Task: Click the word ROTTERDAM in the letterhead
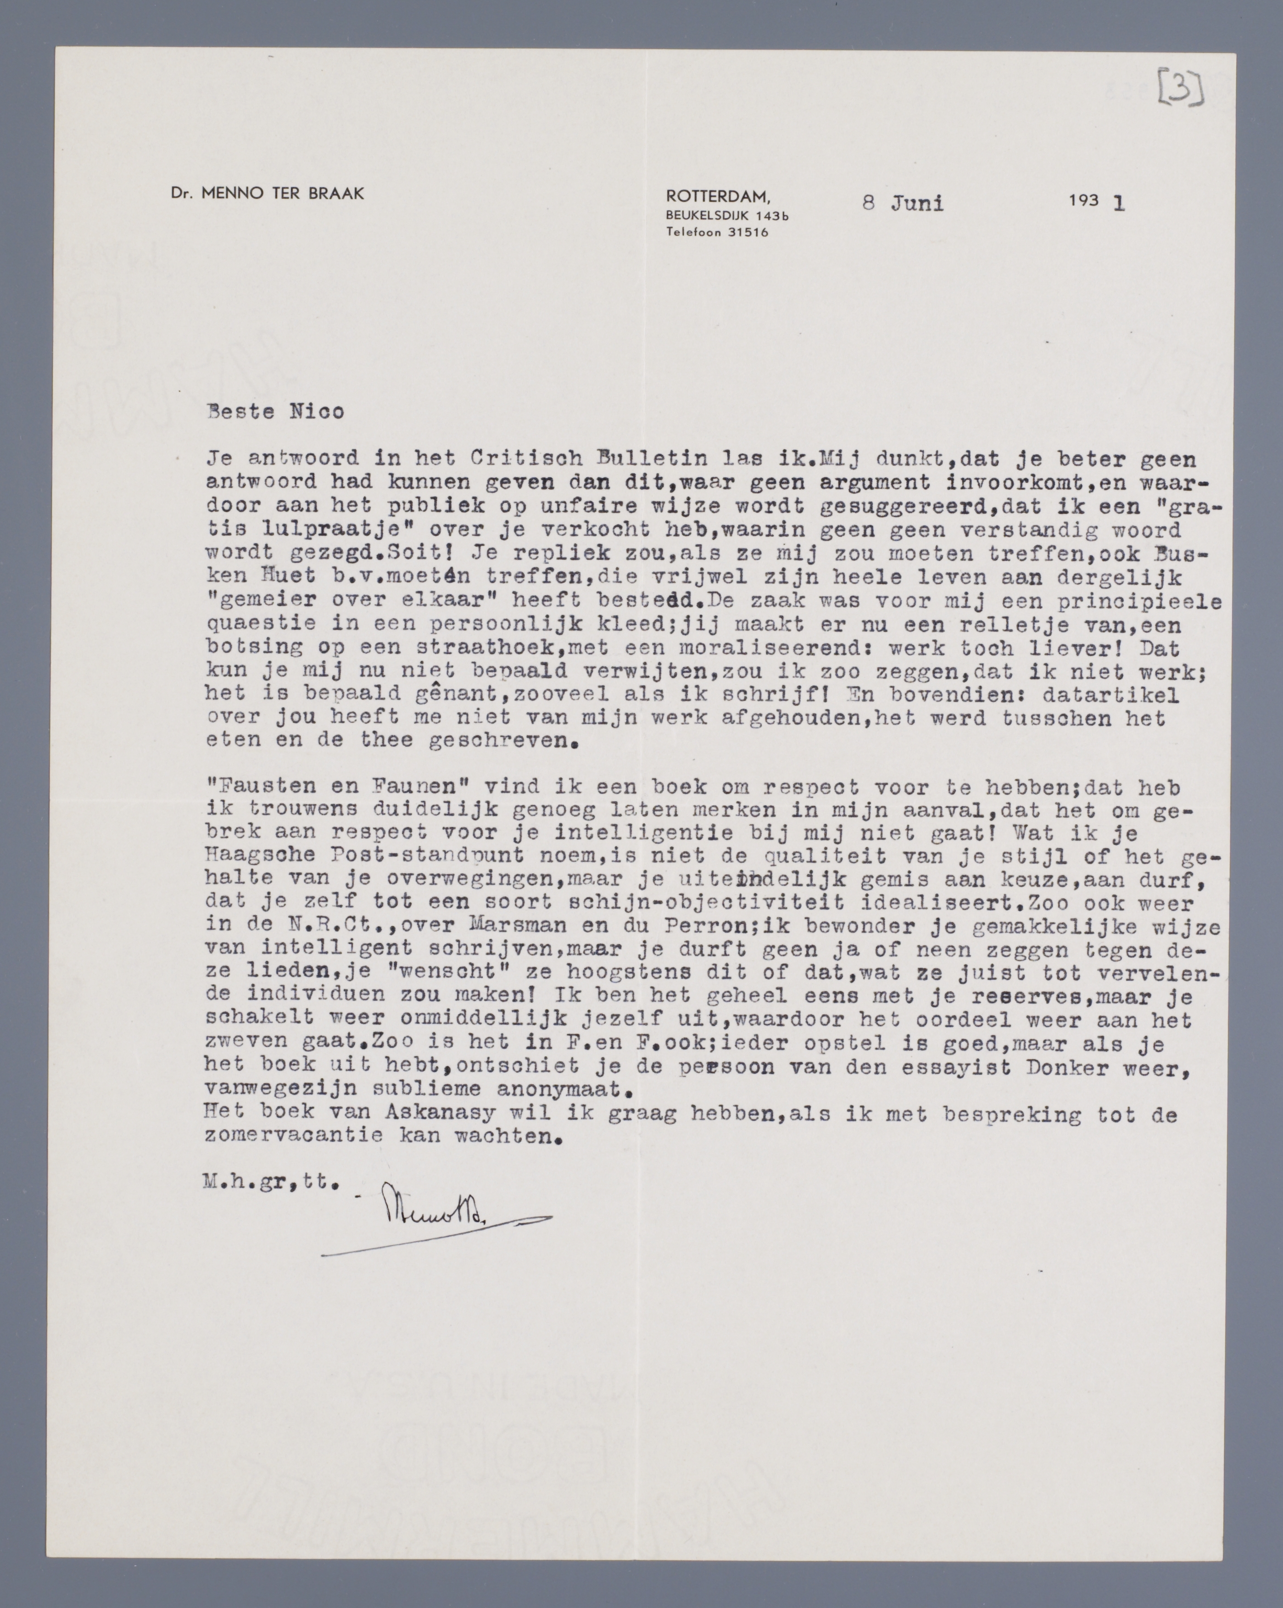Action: (x=718, y=197)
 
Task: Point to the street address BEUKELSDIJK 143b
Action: (x=727, y=216)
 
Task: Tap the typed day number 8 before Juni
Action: (x=868, y=203)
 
